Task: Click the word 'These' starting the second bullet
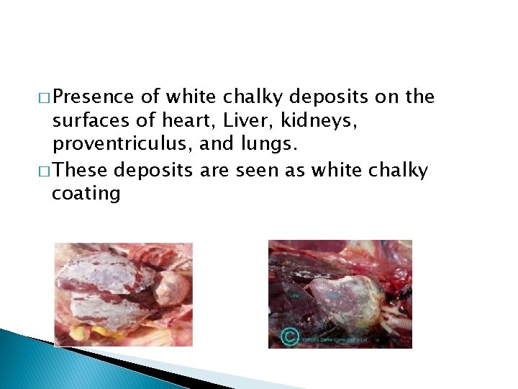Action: click(81, 171)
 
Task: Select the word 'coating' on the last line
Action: click(86, 194)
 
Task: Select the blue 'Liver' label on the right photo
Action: click(294, 295)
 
